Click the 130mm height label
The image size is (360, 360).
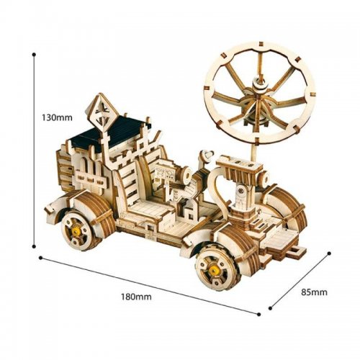(57, 117)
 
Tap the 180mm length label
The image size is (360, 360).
(136, 297)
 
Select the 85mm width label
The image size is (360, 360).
(314, 292)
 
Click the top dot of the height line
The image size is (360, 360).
(34, 55)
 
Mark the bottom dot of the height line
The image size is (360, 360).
(34, 246)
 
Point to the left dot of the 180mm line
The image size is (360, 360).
(40, 258)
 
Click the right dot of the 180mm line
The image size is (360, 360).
(258, 314)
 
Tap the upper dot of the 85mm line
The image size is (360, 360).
(329, 253)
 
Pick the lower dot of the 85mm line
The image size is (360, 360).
(271, 308)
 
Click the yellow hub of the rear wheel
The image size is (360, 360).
(77, 231)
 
